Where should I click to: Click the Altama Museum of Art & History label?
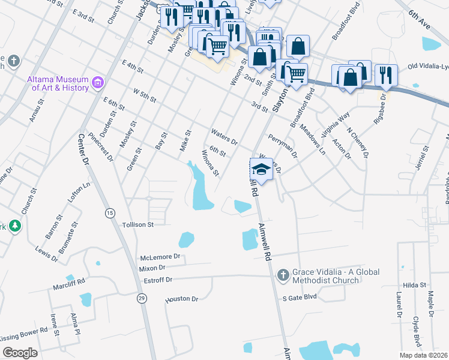click(x=58, y=83)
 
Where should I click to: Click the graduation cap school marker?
click(x=262, y=169)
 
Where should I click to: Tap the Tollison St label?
click(x=139, y=224)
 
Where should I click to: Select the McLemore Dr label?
click(x=160, y=257)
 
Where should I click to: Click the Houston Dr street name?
click(x=181, y=298)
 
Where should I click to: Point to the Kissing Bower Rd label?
click(x=24, y=334)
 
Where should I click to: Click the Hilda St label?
click(x=414, y=285)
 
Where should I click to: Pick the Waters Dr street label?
click(x=224, y=137)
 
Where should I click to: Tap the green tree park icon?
click(x=13, y=226)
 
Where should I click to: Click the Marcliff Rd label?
click(x=68, y=280)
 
